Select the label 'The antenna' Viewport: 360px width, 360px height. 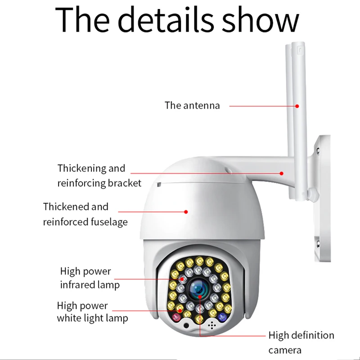[192, 106]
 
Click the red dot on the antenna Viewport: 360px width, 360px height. [297, 106]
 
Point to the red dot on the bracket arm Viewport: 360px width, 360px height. [282, 172]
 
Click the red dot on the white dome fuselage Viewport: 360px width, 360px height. [186, 211]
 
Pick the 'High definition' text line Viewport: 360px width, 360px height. [301, 335]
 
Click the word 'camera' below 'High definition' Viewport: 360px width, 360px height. [285, 350]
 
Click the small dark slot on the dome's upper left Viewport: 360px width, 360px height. [158, 184]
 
